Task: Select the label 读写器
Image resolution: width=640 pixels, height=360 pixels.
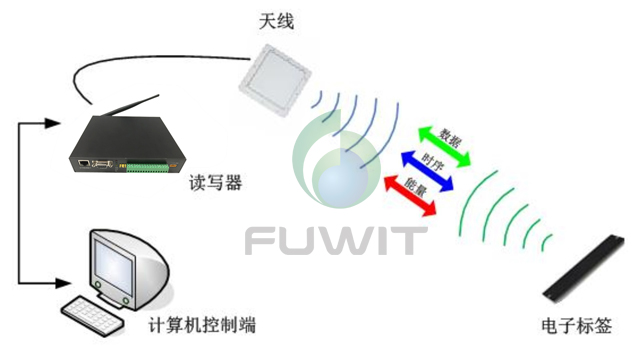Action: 215,183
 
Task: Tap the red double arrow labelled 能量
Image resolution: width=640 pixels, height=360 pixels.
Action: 411,189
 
